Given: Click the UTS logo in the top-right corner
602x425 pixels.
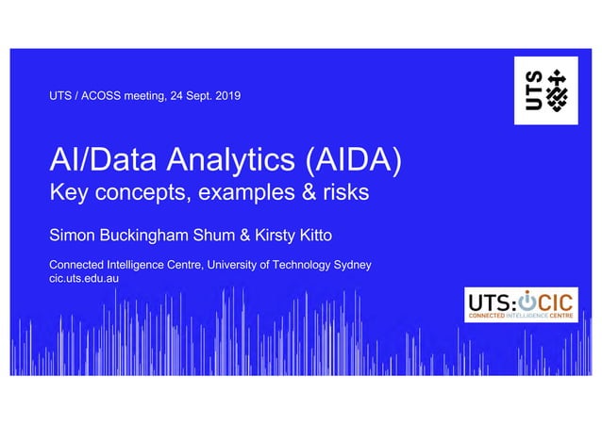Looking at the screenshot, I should coord(545,90).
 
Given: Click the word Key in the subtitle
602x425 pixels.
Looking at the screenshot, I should coord(67,194).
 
